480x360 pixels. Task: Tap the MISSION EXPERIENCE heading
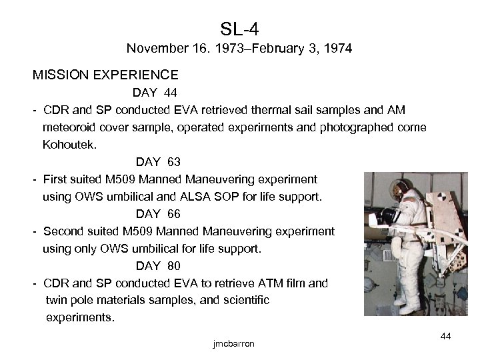(105, 74)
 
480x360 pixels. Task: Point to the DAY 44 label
(154, 92)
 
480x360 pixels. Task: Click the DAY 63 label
(158, 162)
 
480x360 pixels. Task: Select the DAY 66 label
(158, 214)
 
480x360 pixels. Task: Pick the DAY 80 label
(158, 266)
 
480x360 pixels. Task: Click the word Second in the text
(62, 231)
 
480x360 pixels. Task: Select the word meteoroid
(69, 127)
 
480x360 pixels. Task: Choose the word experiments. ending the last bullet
(80, 318)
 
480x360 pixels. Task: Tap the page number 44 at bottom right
(446, 337)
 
